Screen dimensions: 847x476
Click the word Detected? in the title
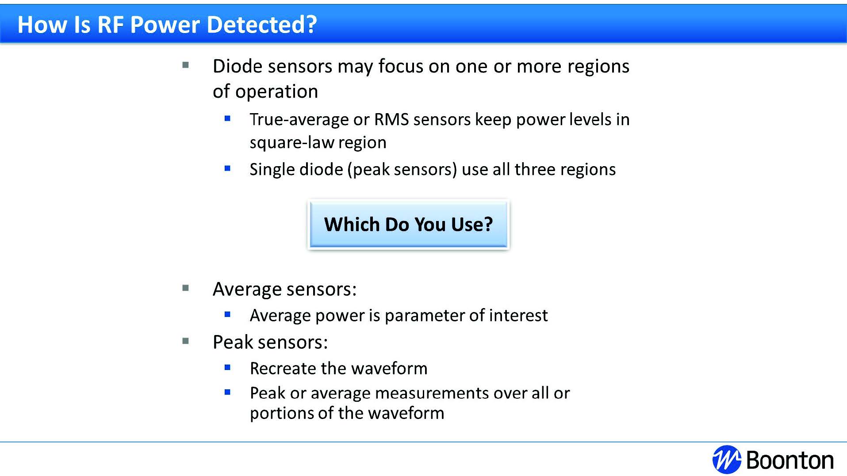click(262, 24)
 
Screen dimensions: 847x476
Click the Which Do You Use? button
click(408, 225)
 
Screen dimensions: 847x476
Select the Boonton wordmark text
click(790, 460)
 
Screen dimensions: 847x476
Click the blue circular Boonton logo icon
click(727, 460)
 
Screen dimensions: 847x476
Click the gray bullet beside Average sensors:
click(186, 288)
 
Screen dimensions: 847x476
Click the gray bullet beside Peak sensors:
click(186, 341)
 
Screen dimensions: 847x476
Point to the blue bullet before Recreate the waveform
click(228, 367)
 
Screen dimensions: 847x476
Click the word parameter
click(425, 316)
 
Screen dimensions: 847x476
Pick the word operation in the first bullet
click(276, 92)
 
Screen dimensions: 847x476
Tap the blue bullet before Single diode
click(228, 168)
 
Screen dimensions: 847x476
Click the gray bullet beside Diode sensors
click(186, 65)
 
